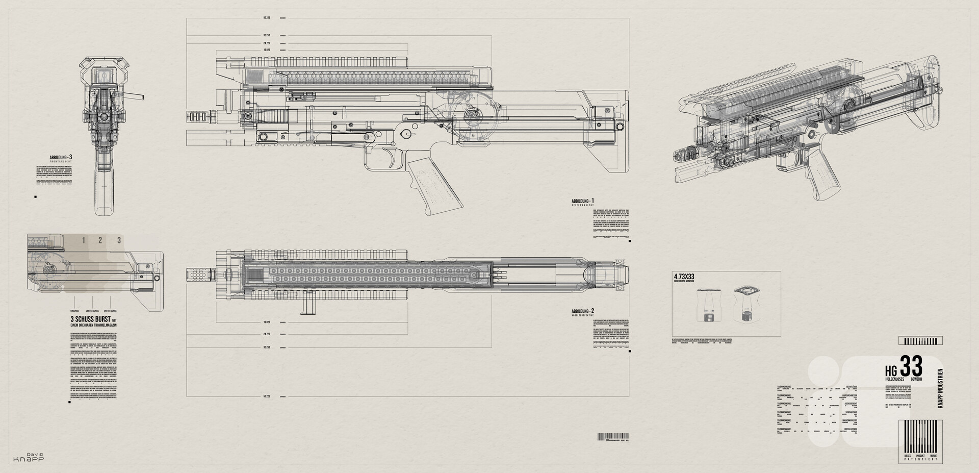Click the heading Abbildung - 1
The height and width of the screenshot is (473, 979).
583,202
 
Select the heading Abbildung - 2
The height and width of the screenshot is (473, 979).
583,311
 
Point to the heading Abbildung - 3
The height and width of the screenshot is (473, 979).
61,157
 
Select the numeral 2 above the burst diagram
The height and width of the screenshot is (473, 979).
100,240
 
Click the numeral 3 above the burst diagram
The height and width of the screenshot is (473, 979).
119,240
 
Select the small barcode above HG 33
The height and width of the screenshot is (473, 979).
920,341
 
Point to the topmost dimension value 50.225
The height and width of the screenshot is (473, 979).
266,18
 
